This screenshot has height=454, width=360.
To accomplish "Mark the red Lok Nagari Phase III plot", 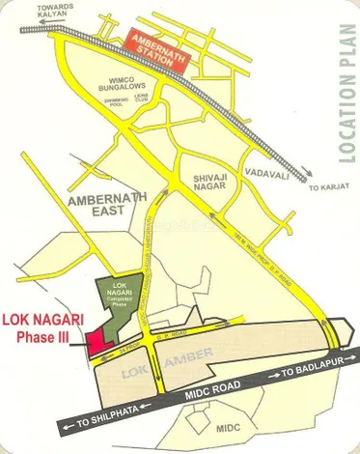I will pyautogui.click(x=97, y=342).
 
